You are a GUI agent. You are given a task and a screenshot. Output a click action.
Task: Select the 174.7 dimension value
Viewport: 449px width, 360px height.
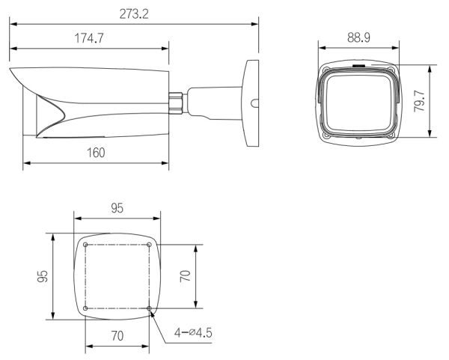90,39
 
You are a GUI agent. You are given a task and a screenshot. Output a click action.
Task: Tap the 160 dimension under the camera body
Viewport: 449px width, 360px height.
95,152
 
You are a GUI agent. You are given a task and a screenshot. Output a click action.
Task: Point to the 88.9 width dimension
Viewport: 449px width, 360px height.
361,37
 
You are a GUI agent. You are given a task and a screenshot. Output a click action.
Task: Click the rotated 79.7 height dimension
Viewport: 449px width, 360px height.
420,101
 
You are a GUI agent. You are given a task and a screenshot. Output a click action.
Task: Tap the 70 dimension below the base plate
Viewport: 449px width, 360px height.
117,336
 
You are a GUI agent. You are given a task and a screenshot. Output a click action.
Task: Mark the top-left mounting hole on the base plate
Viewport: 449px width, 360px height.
86,245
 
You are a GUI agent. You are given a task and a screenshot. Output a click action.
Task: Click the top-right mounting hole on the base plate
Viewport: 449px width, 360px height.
150,245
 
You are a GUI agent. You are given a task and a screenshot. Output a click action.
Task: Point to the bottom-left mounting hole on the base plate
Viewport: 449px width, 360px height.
86,308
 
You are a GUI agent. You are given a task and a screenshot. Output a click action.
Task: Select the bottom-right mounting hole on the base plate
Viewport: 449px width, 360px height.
150,308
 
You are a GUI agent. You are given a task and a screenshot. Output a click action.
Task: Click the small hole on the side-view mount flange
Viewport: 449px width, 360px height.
254,104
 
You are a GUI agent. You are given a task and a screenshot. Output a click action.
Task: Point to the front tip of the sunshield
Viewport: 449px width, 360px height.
11,72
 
